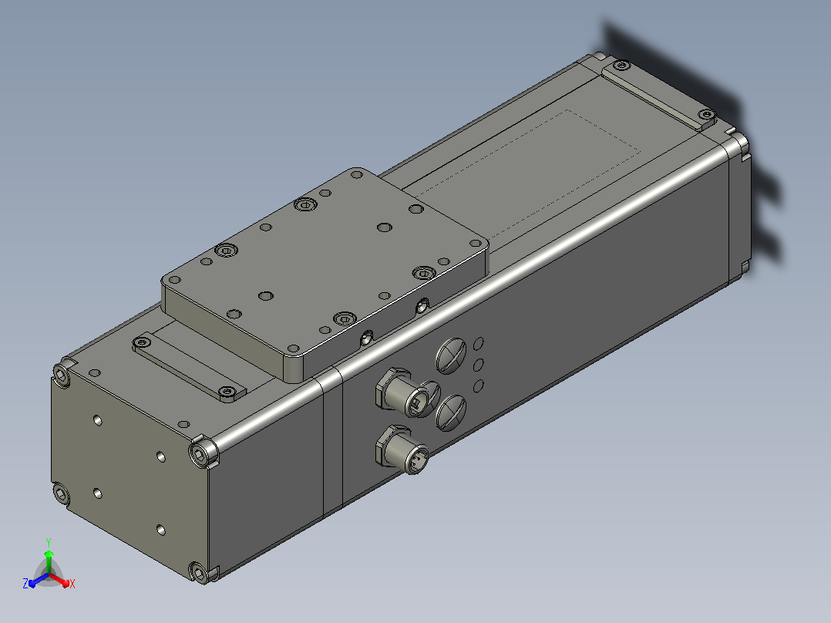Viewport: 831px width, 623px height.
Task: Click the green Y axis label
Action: tap(49, 543)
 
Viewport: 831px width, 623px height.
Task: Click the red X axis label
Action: tap(72, 584)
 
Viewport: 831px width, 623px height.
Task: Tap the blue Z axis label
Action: tap(25, 584)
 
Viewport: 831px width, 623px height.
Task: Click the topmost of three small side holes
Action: tap(478, 344)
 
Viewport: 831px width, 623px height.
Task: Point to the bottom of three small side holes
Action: tap(478, 386)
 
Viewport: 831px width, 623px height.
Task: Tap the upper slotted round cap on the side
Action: tap(451, 355)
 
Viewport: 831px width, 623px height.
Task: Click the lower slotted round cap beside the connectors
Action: tap(451, 413)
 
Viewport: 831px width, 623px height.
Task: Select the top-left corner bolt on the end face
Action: tap(62, 376)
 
